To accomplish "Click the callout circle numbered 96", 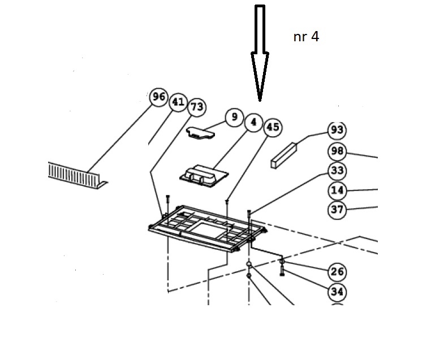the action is tap(159, 97).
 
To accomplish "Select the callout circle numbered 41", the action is tap(178, 102).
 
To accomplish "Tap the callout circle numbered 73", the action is tap(197, 107).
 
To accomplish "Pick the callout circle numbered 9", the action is tap(234, 117).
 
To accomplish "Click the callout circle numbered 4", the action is tap(254, 123).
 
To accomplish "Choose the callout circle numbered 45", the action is tap(273, 127).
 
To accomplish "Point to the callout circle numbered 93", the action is tap(337, 131).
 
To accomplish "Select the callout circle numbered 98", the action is tap(337, 151).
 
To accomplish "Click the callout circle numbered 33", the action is tap(337, 171).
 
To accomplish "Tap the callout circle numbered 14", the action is tap(337, 190).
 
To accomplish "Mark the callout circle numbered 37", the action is tap(337, 210).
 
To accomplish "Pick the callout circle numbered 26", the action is tap(337, 272).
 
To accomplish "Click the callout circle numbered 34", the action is tap(337, 292).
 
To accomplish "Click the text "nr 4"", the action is tap(306, 37).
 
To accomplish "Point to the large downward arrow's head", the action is tap(260, 77).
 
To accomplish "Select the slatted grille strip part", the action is tap(77, 176).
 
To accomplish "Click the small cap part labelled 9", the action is tap(200, 133).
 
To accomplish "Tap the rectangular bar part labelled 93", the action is tap(283, 155).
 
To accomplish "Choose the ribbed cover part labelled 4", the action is tap(204, 176).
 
